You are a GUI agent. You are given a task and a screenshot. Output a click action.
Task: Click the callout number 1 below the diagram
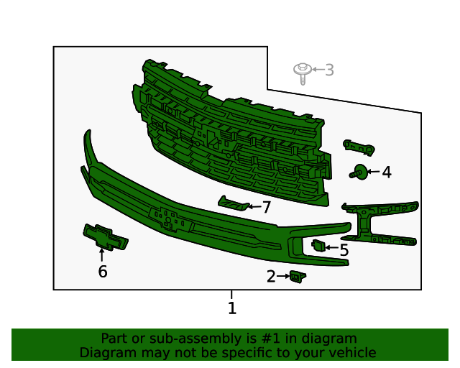point(231,308)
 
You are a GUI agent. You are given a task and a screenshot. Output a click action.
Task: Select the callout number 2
point(271,277)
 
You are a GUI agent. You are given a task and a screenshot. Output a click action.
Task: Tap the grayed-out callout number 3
point(329,70)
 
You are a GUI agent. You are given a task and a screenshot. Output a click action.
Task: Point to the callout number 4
point(387,172)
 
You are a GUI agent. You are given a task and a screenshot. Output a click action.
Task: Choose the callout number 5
point(344,250)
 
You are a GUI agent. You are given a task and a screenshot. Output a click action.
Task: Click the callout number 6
point(102,271)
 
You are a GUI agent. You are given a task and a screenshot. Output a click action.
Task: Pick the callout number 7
point(266,208)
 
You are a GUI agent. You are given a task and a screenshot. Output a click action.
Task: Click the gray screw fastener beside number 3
point(302,71)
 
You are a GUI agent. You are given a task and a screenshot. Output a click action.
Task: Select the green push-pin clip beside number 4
point(358,172)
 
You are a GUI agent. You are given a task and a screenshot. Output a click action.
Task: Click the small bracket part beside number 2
point(296,277)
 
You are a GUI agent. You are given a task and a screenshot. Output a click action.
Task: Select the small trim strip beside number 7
point(233,204)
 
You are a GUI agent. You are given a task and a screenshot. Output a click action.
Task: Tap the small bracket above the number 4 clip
point(359,147)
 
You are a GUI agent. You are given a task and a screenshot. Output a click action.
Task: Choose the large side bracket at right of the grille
point(379,223)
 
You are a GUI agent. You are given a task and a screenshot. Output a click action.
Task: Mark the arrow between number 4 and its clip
point(373,172)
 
